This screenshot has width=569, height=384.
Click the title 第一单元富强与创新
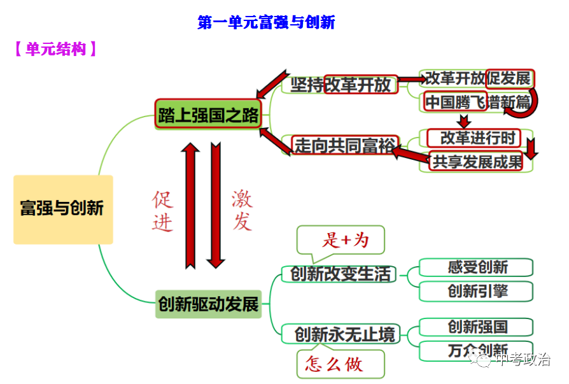(x=266, y=23)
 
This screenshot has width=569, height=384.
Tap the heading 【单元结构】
(x=55, y=49)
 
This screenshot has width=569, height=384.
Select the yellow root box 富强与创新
(x=62, y=209)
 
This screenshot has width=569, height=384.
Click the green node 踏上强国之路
(x=208, y=115)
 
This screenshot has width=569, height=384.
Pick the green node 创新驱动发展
(x=208, y=304)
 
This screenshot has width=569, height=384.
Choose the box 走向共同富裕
(x=344, y=145)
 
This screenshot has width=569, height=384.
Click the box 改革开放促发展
(x=477, y=78)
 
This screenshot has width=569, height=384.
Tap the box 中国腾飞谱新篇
(x=477, y=102)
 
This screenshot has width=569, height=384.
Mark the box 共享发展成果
(x=476, y=162)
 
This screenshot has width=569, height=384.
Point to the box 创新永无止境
(x=344, y=334)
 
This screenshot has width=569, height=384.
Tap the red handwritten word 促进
(x=162, y=211)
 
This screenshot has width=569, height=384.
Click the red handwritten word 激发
(x=242, y=210)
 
